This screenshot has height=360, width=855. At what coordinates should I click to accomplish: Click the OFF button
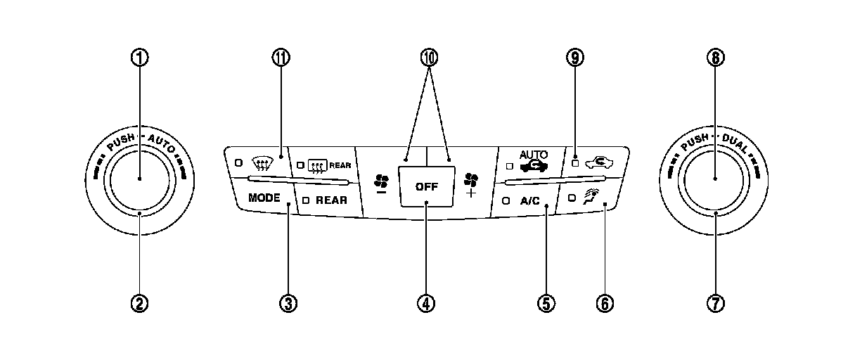[426, 187]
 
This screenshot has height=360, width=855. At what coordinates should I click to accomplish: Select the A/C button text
[529, 200]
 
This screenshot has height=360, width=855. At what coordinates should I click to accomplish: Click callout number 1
[140, 58]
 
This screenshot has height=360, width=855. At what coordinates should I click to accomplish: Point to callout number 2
[140, 303]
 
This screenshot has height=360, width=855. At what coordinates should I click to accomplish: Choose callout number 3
[288, 303]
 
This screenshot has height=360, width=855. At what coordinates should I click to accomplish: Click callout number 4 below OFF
[426, 303]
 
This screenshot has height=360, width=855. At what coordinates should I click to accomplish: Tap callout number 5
[546, 303]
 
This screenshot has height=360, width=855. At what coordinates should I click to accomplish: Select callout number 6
[605, 303]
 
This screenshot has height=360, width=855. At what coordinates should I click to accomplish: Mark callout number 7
[715, 303]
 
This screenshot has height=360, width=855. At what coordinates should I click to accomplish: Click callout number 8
[715, 58]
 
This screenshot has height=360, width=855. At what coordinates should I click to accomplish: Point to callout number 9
[574, 58]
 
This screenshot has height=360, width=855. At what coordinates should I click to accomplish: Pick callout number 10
[426, 58]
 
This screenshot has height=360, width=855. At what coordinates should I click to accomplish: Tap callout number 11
[281, 58]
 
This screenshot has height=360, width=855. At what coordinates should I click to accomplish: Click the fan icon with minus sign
[380, 184]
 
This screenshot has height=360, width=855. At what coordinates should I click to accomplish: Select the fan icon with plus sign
[470, 184]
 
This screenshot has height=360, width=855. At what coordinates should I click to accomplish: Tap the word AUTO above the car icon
[532, 154]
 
